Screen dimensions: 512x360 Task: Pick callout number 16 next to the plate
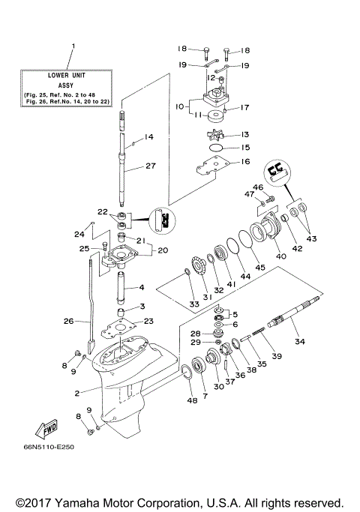(245, 161)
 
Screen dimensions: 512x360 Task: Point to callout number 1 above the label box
(73, 46)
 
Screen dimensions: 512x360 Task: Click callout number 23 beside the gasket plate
(148, 320)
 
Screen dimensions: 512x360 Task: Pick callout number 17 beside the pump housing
(244, 107)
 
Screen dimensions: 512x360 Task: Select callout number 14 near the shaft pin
(148, 136)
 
